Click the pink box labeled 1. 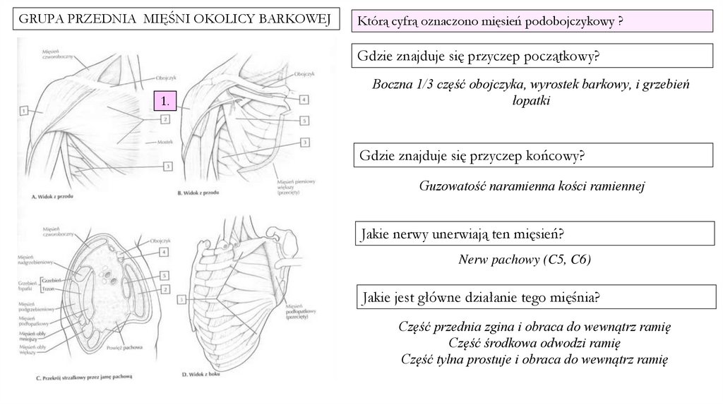click(166, 102)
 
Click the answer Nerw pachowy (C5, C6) click(524, 260)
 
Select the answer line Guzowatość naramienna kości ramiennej click(532, 186)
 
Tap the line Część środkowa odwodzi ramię click(533, 344)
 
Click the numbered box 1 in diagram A click(24, 111)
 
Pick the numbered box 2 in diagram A click(164, 120)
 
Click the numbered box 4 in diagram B click(304, 100)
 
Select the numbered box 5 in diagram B click(304, 121)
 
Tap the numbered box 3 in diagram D click(183, 300)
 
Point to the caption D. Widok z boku click(202, 373)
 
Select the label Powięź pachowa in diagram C click(126, 348)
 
